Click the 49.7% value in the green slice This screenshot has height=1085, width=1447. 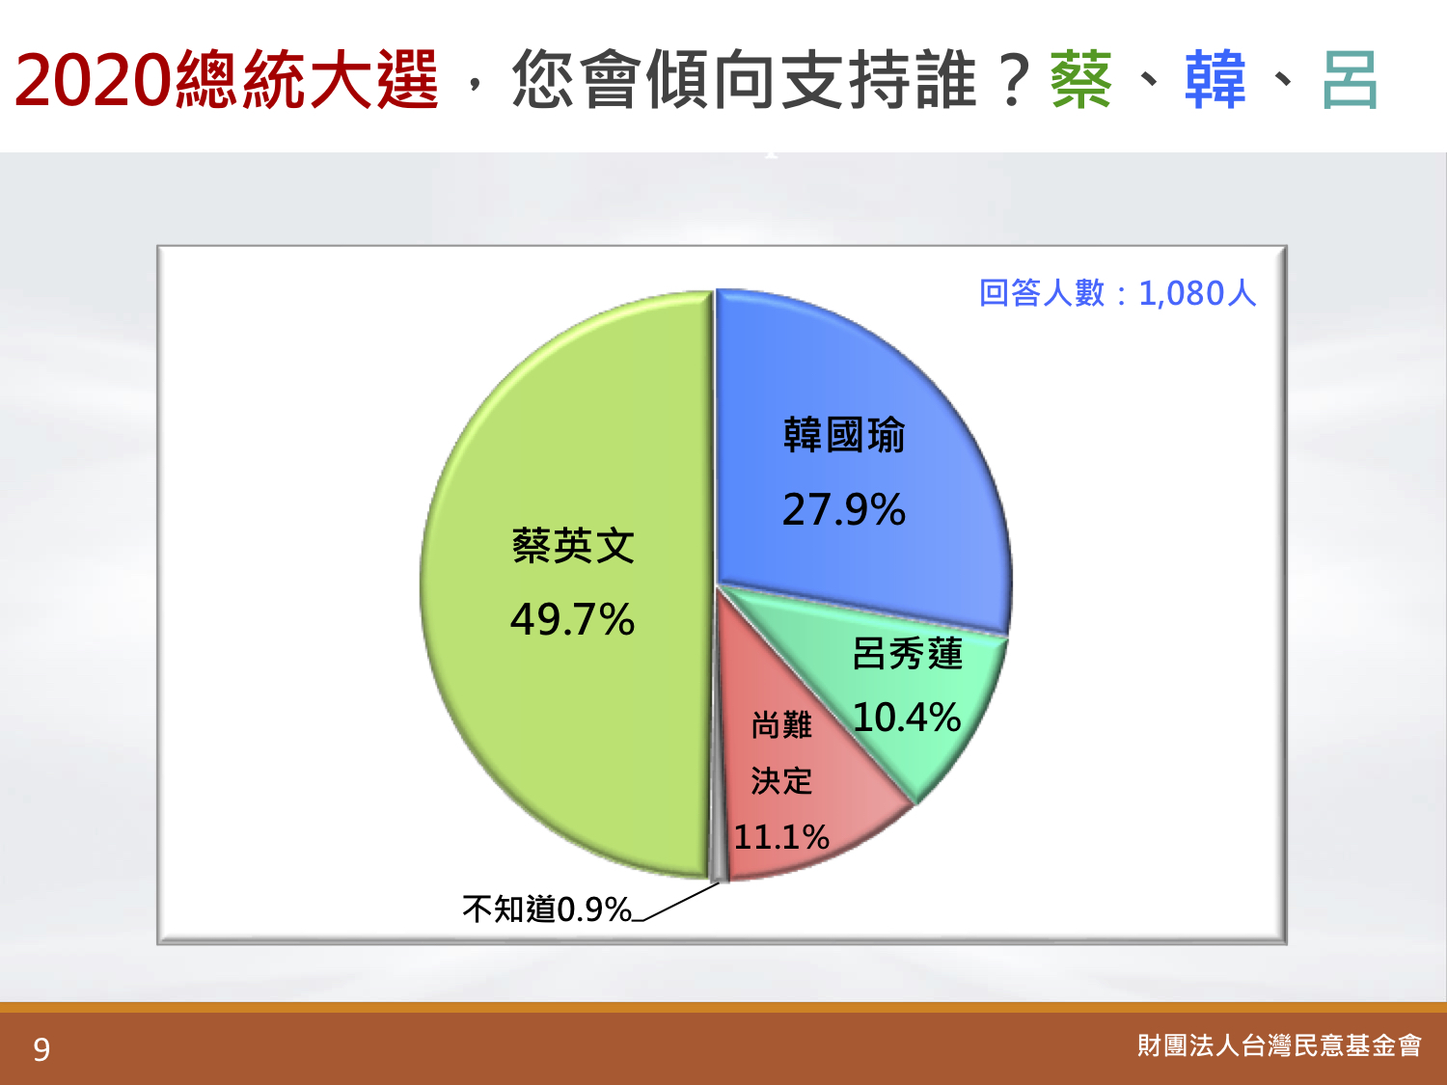point(572,620)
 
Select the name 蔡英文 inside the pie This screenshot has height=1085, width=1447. point(573,546)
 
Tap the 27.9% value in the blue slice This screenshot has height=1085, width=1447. point(844,509)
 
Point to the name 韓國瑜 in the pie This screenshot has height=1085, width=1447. point(844,435)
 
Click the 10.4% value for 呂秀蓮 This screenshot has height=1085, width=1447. point(907,717)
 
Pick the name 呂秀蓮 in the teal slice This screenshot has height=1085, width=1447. point(907,654)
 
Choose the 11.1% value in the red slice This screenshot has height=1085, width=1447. point(781,837)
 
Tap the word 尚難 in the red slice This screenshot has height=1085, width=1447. point(781,725)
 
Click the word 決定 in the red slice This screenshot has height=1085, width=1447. point(781,781)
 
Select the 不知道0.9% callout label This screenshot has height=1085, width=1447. point(547,909)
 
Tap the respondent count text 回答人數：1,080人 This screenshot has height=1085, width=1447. point(1118,293)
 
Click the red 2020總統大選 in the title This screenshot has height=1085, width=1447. point(227,79)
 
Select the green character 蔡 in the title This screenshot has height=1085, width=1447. point(1081,79)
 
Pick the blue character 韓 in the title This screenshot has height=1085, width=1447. point(1215,79)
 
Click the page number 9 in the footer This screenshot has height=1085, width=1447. point(41,1049)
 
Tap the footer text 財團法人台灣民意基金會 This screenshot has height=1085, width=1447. point(1279,1045)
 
